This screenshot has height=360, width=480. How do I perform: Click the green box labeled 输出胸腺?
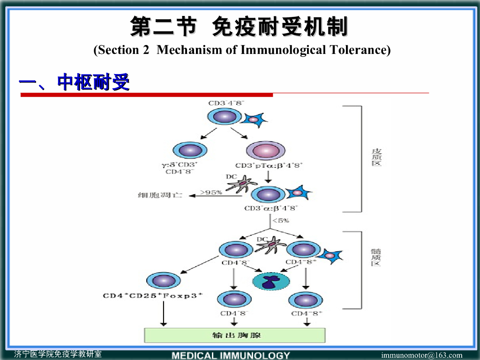234,335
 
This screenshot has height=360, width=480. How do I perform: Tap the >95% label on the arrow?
211,192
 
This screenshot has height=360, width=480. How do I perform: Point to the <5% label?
281,220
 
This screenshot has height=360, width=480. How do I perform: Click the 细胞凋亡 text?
159,195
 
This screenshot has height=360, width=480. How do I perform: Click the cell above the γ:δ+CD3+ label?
190,150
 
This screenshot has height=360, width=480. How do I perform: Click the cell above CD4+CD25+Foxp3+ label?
164,281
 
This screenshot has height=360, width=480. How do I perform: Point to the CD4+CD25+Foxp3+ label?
153,295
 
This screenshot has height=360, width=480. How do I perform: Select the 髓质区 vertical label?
376,257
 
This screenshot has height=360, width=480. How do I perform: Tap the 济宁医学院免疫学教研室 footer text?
58,354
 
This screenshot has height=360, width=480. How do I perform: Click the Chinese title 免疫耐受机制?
280,27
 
